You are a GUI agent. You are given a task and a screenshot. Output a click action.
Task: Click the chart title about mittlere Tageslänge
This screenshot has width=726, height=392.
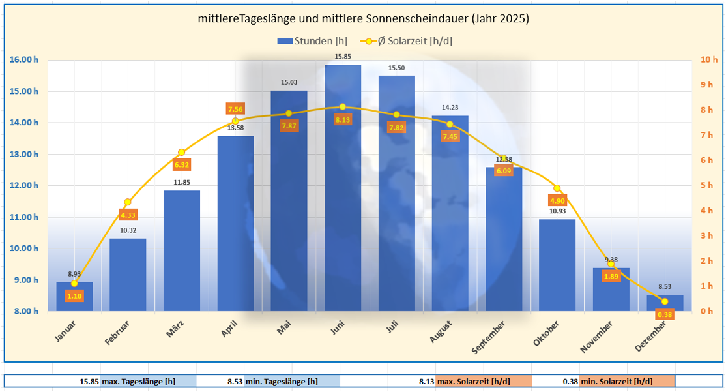tap(363, 19)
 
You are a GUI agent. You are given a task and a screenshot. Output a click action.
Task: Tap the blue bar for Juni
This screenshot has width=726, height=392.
tap(342, 189)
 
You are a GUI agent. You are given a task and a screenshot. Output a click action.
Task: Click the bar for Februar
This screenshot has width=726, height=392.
tap(128, 275)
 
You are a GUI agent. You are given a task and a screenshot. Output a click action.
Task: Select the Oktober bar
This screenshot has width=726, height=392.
tap(557, 265)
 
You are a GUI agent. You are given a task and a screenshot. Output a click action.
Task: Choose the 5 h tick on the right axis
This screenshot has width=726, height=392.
tap(706, 185)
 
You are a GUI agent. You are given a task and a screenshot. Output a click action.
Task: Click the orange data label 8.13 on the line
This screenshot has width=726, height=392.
tap(342, 120)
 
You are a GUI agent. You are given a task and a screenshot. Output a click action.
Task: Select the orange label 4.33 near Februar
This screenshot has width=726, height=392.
tap(128, 215)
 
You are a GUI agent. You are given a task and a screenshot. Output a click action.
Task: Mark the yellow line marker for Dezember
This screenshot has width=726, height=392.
tap(664, 301)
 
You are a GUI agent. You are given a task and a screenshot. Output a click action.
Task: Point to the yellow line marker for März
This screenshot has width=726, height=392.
tap(182, 153)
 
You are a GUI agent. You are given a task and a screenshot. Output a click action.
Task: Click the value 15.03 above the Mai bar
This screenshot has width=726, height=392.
tap(289, 82)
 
